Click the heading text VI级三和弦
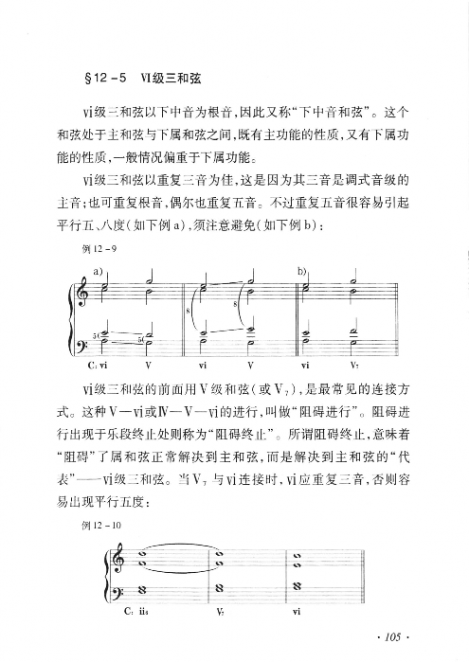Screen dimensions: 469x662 [173, 72]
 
